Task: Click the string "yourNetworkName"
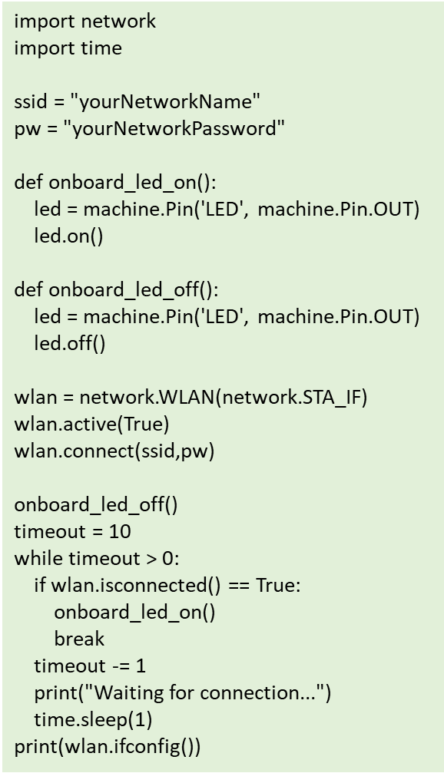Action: click(165, 101)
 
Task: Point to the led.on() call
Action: click(68, 236)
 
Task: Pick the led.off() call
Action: click(70, 343)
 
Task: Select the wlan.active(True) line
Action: click(91, 424)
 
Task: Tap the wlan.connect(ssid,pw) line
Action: click(114, 451)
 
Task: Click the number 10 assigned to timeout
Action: click(121, 531)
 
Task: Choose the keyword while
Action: click(39, 558)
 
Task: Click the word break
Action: click(79, 639)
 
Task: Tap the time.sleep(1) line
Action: click(93, 720)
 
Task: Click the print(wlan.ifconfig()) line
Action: click(108, 747)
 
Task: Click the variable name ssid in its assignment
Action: click(31, 102)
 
